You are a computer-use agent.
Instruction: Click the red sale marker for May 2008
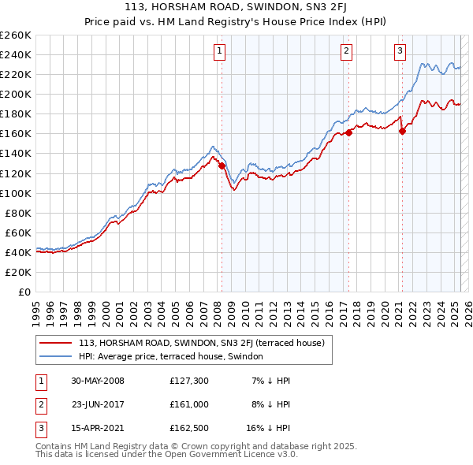coord(222,166)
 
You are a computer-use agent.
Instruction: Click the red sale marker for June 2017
coord(348,132)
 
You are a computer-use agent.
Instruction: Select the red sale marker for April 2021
coord(402,131)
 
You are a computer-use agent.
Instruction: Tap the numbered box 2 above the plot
coord(346,52)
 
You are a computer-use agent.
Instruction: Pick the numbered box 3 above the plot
coord(400,52)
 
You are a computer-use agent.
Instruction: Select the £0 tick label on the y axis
coord(24,292)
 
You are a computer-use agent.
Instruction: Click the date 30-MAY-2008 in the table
coord(98,381)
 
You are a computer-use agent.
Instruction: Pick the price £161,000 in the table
coord(188,405)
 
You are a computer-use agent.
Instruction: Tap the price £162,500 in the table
coord(188,430)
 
